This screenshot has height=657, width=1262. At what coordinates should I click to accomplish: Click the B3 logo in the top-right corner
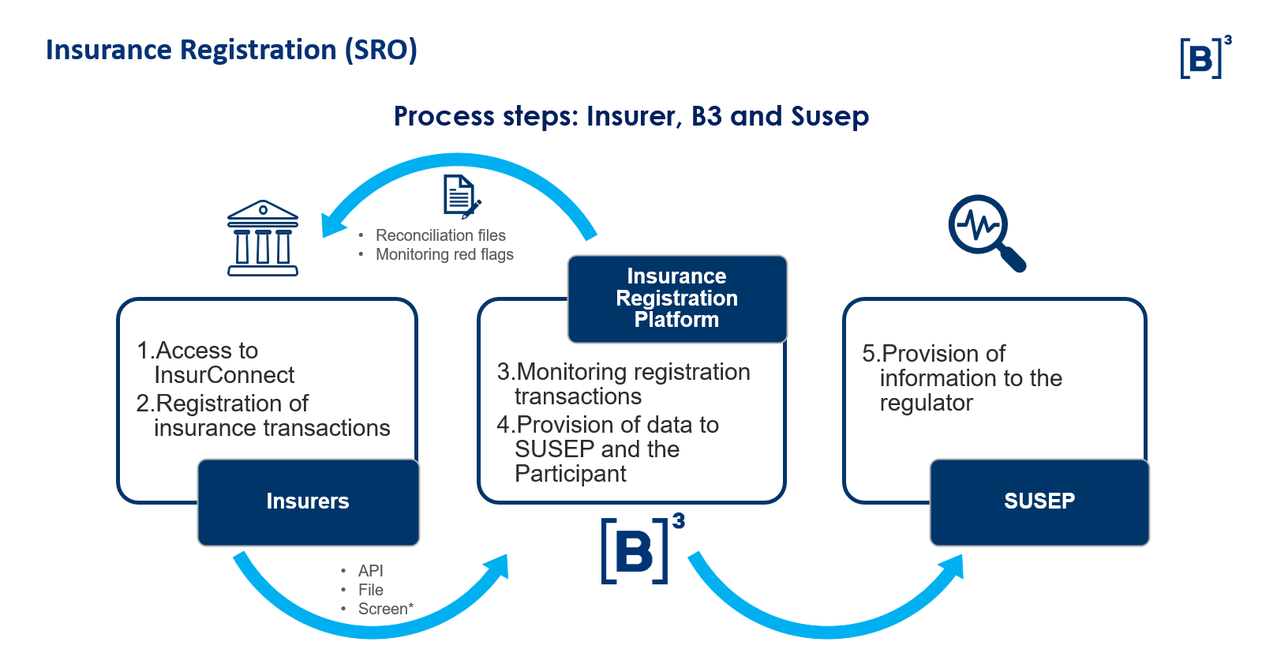coord(1204,58)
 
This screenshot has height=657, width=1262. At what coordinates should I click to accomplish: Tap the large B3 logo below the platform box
coord(640,550)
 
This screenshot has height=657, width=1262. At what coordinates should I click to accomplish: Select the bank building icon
coord(263,238)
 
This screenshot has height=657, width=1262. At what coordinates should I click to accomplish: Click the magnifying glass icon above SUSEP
coord(985,232)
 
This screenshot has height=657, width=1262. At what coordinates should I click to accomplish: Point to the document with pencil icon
coord(461,196)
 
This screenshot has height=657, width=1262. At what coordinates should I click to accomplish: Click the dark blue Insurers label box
coord(308,501)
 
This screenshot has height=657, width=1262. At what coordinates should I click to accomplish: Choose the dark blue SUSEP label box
coord(1039,501)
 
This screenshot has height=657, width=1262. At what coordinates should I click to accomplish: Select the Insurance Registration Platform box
coord(676,298)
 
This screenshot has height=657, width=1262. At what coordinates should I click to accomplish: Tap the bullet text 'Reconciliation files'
coord(440,235)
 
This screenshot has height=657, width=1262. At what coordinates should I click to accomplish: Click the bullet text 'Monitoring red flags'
coord(444,254)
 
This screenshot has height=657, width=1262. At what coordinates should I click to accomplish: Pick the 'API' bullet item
coord(370,570)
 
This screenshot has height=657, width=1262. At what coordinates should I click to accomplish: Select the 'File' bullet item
coord(370,590)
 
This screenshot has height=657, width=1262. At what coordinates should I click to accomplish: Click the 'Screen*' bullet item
coord(385,609)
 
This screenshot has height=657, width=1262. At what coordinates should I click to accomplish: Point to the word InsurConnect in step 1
coord(224,375)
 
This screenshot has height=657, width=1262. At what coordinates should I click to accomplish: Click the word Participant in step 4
coord(570,474)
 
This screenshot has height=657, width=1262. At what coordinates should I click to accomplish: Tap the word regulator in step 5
coord(926,403)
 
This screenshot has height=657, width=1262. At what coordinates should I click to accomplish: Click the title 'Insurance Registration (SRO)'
coord(231,50)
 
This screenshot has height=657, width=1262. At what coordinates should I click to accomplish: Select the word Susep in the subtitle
coord(829,116)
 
